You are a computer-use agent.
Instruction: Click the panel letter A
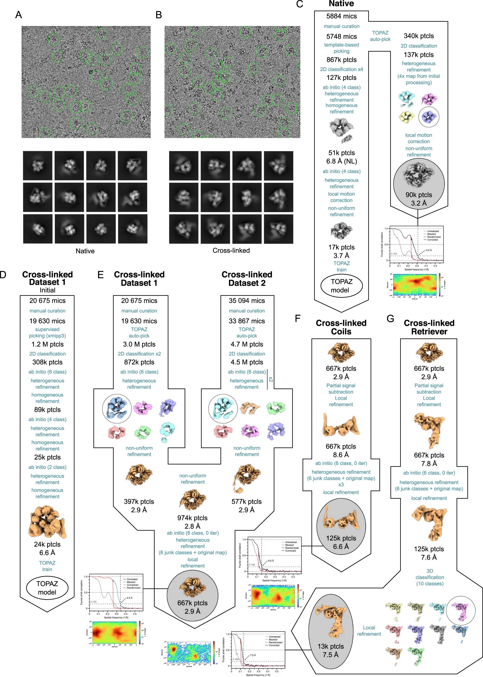(18, 14)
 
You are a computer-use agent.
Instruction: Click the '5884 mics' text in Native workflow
(342, 16)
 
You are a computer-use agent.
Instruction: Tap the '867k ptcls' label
(342, 59)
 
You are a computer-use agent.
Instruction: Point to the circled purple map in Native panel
(429, 117)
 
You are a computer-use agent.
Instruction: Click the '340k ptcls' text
(419, 36)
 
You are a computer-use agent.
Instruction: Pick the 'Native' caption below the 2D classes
(85, 251)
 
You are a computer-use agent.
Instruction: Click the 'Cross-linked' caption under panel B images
(231, 250)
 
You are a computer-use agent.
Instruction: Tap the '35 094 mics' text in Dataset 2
(247, 301)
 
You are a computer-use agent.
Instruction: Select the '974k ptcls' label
(192, 518)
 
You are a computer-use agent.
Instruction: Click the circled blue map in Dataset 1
(117, 409)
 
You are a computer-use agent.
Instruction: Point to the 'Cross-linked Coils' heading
(341, 327)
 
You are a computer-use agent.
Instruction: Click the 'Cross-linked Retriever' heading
(429, 327)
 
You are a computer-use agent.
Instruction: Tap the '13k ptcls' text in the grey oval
(331, 646)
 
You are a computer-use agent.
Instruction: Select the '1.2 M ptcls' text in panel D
(48, 344)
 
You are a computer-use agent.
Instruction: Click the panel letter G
(390, 319)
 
